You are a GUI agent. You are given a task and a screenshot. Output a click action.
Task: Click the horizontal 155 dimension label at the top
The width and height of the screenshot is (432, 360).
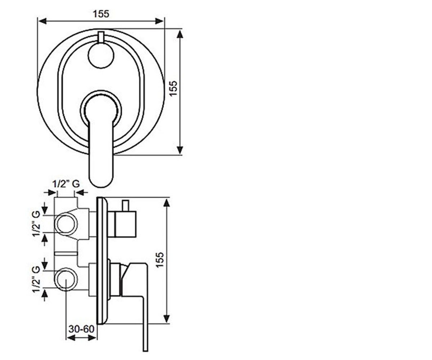coord(101,14)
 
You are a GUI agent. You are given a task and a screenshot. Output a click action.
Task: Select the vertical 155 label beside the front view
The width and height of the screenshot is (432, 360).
coord(174,88)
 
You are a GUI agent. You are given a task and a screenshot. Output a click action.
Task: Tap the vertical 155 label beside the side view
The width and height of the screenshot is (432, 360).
coord(160,260)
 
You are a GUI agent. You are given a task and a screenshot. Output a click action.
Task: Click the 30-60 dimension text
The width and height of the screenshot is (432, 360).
coord(81,329)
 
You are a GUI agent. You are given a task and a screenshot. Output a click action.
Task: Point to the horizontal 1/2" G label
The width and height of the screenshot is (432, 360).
coord(66,184)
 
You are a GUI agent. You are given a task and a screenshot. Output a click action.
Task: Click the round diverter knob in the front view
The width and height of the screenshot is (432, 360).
coord(101,55)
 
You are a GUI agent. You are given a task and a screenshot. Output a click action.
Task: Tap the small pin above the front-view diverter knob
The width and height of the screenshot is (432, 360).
coord(101,37)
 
